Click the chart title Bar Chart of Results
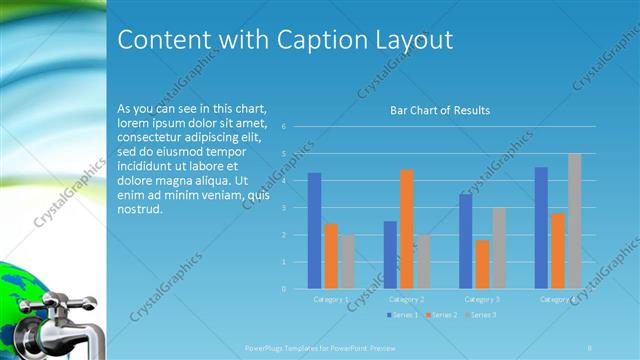tap(439, 110)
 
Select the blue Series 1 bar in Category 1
tap(314, 231)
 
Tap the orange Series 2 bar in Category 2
tap(407, 229)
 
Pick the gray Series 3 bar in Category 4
tap(575, 221)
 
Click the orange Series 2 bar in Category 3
tap(483, 264)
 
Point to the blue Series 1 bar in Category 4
tap(541, 228)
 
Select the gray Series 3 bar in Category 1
tap(347, 262)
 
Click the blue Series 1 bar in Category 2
tap(390, 255)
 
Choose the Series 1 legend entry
tap(404, 315)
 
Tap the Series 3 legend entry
tap(480, 315)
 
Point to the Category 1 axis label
tap(331, 299)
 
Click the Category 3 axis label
tap(483, 299)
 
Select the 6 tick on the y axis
tap(284, 127)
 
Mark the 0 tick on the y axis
tap(284, 289)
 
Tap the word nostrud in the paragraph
tap(140, 210)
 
